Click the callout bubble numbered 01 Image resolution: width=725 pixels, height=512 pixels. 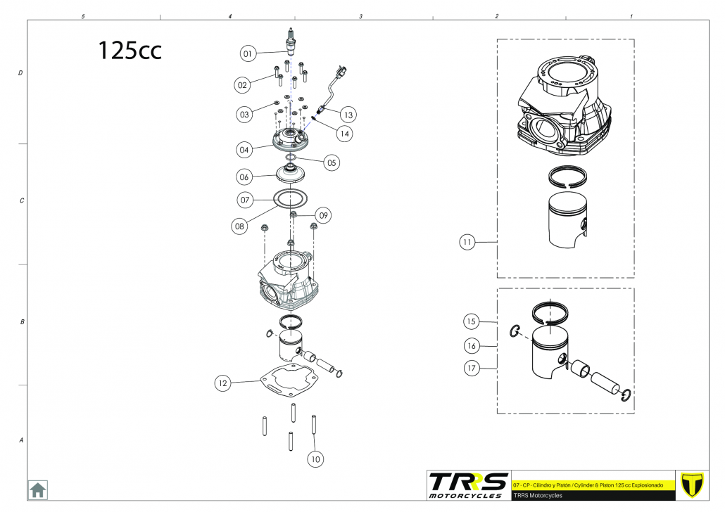tap(248, 53)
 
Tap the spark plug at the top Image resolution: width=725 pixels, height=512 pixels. tap(291, 40)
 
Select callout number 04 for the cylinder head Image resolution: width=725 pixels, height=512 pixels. tap(244, 150)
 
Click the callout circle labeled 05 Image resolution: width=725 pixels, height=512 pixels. tap(332, 162)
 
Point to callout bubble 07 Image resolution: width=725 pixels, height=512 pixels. tap(245, 200)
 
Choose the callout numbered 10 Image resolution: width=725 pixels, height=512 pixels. tap(315, 459)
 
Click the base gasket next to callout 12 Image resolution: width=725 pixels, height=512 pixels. tap(290, 381)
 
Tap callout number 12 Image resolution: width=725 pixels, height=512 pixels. tap(223, 383)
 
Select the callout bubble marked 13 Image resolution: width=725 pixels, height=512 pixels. tap(348, 115)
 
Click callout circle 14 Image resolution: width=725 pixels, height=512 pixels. tap(344, 134)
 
